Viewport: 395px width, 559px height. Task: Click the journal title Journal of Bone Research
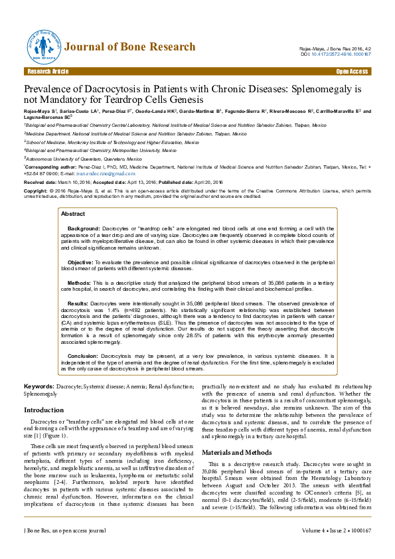coord(130,46)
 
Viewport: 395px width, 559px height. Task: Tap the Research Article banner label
coord(46,71)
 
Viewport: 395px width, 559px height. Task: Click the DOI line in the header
coord(335,54)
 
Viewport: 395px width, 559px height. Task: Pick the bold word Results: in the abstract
coord(78,303)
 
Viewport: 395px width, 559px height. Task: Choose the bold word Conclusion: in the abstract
coord(84,356)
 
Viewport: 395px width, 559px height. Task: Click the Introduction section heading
coord(44,410)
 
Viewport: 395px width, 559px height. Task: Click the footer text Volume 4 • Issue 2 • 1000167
coord(336,549)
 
